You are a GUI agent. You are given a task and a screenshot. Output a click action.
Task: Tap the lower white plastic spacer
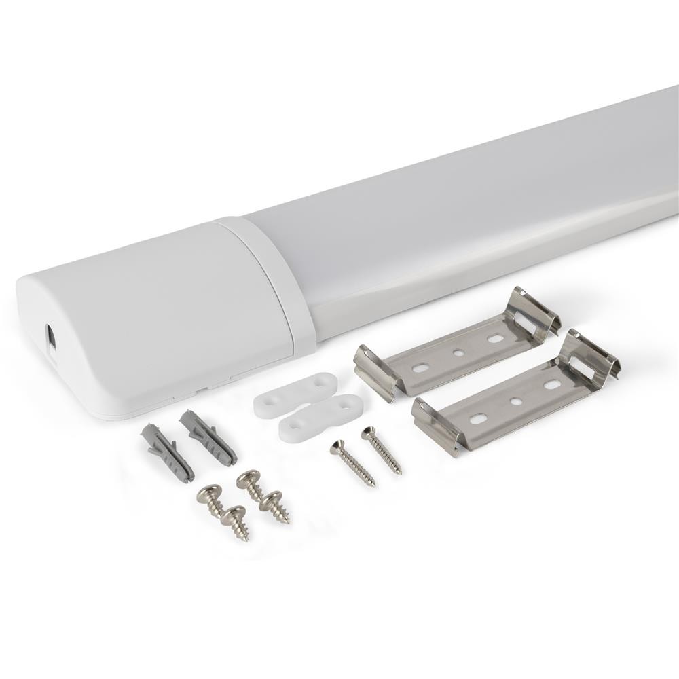click(319, 418)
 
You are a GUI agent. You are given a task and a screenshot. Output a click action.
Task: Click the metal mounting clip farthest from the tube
click(516, 394)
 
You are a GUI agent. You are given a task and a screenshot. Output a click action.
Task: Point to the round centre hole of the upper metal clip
click(459, 353)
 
